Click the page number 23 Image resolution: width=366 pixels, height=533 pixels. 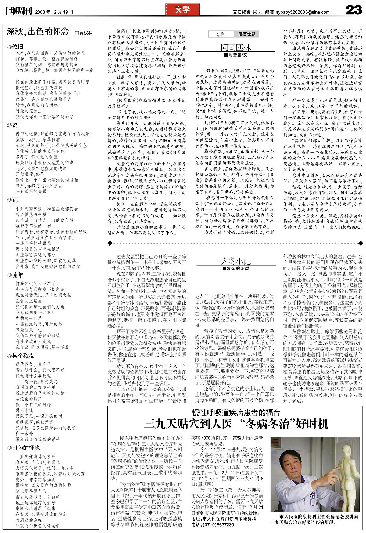click(354, 10)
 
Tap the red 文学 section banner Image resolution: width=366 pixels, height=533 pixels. click(182, 10)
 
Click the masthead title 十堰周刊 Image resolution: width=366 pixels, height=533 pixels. click(17, 12)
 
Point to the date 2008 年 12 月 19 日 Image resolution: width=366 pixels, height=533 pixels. click(54, 12)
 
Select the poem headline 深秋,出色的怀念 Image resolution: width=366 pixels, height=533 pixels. click(38, 31)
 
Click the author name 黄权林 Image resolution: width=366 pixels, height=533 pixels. click(85, 33)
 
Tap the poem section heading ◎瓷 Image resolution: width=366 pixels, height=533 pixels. click(13, 125)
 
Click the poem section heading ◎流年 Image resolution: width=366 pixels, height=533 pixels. click(15, 275)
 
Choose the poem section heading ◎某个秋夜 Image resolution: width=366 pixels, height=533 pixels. click(20, 355)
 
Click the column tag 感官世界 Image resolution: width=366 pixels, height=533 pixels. click(247, 34)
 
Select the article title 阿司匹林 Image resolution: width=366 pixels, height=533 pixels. click(236, 47)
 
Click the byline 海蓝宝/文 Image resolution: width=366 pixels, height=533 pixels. click(236, 55)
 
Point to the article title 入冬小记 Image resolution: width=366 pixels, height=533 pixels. click(236, 261)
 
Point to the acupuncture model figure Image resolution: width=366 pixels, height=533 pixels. click(348, 477)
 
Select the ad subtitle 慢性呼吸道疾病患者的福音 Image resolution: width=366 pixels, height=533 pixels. click(236, 412)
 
